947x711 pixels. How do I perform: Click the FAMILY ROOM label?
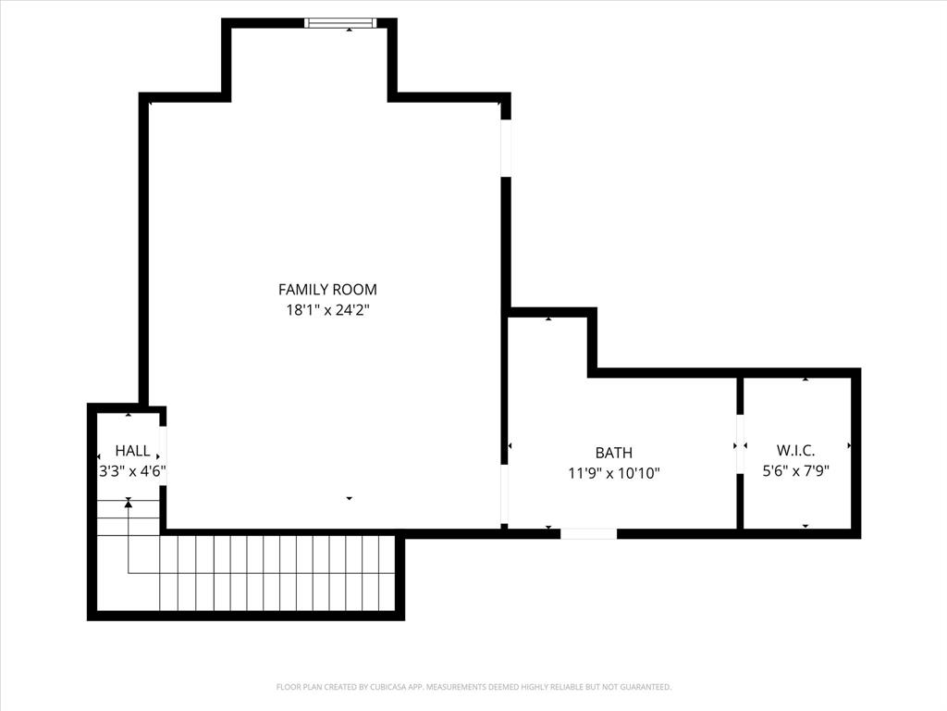click(327, 290)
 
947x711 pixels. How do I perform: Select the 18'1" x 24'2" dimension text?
click(327, 311)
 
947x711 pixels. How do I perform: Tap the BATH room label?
click(613, 453)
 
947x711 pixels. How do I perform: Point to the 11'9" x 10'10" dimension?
click(613, 473)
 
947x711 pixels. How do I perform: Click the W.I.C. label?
click(795, 450)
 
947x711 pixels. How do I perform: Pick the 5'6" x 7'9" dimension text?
click(795, 470)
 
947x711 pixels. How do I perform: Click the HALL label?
click(132, 451)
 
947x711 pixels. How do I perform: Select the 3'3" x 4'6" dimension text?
click(132, 470)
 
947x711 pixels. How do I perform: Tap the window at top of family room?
click(340, 23)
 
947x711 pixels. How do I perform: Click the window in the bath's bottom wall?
click(588, 533)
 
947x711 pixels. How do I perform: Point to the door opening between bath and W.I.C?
click(740, 445)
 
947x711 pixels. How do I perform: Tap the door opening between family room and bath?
click(505, 495)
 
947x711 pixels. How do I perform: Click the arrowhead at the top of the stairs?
click(129, 502)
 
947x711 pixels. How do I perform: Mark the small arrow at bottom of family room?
click(350, 499)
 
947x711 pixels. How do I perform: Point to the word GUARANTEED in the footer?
click(645, 687)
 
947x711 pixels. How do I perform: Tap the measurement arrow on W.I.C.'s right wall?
click(849, 446)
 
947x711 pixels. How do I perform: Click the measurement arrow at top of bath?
click(548, 318)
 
